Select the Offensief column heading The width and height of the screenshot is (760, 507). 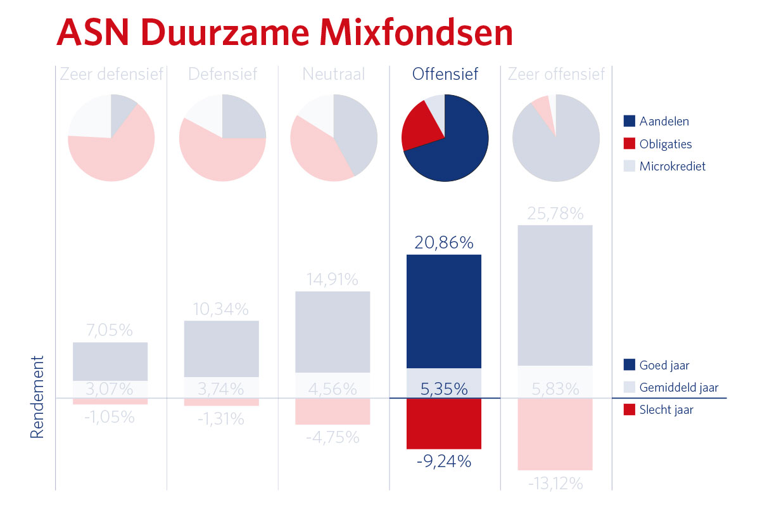coord(445,74)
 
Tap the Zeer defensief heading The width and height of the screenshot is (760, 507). coord(111,74)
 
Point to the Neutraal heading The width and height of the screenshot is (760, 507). coord(334,74)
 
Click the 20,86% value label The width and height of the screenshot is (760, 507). coord(444,242)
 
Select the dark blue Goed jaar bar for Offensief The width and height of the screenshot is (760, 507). coord(444,311)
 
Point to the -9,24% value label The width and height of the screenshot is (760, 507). coord(444,461)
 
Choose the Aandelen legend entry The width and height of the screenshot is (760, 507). coord(664,121)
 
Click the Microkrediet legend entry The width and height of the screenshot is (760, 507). coord(672,167)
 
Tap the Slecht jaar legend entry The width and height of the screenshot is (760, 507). coord(666,410)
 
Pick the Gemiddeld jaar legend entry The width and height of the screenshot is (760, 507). coord(679,387)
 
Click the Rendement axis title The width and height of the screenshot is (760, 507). coord(38,397)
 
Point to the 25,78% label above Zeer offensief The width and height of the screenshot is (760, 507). coord(555,214)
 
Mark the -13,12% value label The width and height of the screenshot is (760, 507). coord(555,484)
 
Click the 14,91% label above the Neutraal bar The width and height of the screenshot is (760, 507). coord(332,279)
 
